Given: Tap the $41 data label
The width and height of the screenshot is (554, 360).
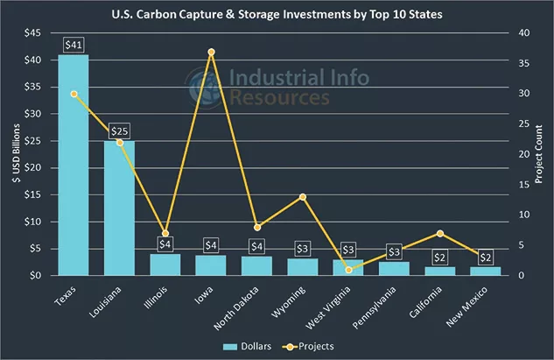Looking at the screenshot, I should tap(74, 44).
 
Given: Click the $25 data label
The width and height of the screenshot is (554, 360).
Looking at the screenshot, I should tap(119, 131).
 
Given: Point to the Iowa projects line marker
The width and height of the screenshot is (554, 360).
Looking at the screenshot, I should tap(211, 53).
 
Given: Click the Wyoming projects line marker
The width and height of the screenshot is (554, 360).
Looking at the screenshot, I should tap(303, 197).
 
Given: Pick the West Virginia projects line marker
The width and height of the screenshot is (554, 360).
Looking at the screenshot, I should tap(348, 270).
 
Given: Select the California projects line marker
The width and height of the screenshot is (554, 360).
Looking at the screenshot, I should tap(440, 233).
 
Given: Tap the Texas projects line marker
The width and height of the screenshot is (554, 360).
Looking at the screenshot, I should tap(74, 94).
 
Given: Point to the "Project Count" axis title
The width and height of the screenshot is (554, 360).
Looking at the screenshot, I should tap(541, 154).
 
